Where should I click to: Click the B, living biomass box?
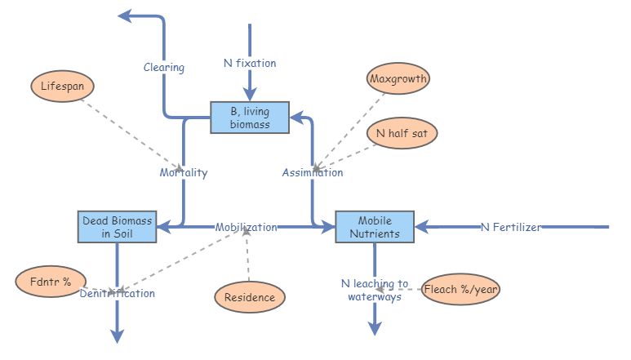(x=250, y=117)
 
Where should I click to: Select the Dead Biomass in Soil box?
(x=117, y=226)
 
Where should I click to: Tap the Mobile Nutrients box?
(x=375, y=227)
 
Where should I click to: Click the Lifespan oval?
(x=62, y=85)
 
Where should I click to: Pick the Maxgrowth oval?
(x=398, y=79)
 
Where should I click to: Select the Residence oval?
(x=250, y=297)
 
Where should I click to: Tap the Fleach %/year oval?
(x=461, y=289)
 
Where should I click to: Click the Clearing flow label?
(x=164, y=67)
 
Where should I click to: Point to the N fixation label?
(x=250, y=63)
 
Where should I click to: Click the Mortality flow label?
(x=183, y=172)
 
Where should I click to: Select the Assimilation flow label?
(x=313, y=172)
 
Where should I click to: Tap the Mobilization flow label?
(x=247, y=227)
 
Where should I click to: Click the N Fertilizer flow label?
(x=510, y=227)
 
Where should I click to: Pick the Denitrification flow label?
(x=118, y=293)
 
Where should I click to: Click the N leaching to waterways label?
(x=375, y=290)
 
